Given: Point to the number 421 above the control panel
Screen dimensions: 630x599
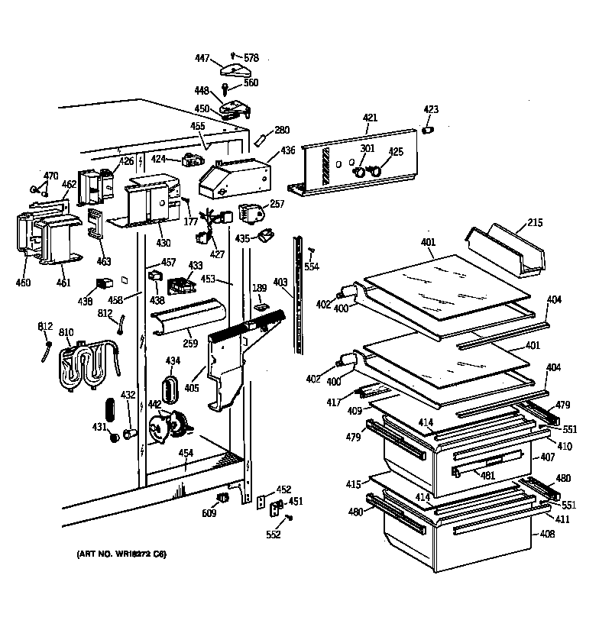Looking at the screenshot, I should pos(370,118).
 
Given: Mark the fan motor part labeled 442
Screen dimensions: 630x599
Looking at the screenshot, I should pos(170,425).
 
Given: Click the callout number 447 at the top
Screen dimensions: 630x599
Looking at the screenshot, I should pos(202,58).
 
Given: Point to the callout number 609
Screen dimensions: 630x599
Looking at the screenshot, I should pos(209,513).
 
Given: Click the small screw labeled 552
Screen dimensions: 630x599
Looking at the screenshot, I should pos(290,519).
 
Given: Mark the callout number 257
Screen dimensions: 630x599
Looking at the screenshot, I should pos(276,205).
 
